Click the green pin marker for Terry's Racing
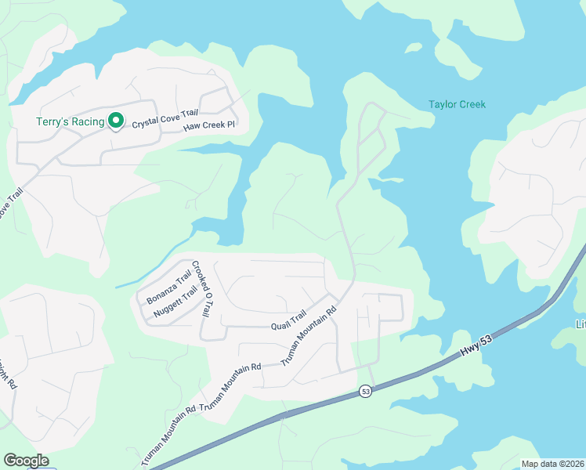[116, 121]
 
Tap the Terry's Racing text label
[70, 121]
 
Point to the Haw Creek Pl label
[209, 125]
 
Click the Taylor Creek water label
[457, 104]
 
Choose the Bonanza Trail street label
[169, 287]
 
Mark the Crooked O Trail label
[202, 288]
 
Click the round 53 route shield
[365, 390]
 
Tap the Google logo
[26, 461]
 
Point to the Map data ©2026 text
[552, 464]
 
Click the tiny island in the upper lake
[413, 49]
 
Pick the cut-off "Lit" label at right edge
[581, 324]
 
